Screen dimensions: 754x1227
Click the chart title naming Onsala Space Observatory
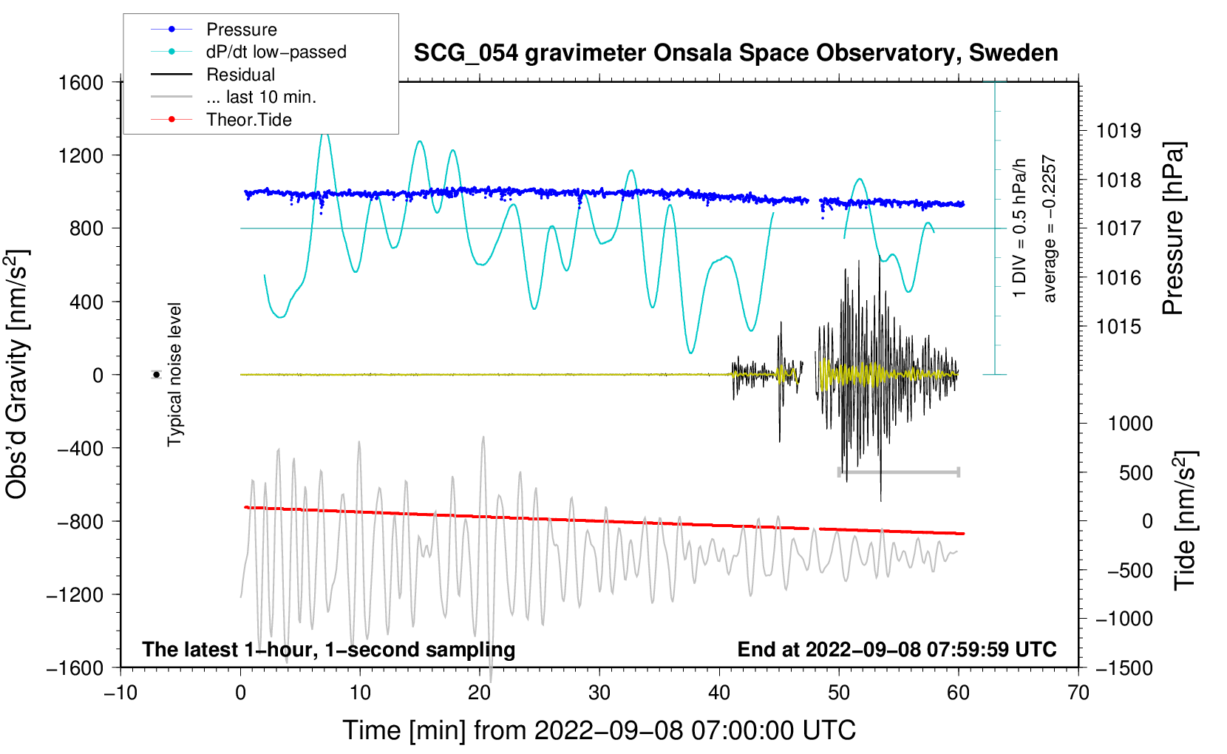click(735, 53)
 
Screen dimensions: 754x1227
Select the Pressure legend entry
click(241, 30)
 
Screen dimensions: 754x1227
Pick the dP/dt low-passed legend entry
click(276, 52)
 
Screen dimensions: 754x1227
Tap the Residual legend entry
click(240, 75)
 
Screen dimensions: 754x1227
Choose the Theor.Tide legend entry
click(248, 120)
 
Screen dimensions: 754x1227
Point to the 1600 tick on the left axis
click(81, 82)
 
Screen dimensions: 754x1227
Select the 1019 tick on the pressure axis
click(1118, 131)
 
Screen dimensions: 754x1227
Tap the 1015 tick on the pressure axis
click(1118, 327)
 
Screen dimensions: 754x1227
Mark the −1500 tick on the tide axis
click(1124, 668)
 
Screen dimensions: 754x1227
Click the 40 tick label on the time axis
click(719, 693)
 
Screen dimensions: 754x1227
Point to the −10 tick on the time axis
click(120, 693)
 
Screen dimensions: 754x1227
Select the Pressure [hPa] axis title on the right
click(1173, 228)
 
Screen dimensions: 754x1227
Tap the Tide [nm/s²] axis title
click(1185, 520)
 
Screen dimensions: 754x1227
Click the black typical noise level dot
click(156, 375)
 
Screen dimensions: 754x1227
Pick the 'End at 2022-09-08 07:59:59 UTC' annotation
click(897, 650)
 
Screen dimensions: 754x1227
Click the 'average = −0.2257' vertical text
click(1050, 228)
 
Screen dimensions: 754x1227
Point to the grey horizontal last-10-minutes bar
click(898, 472)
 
